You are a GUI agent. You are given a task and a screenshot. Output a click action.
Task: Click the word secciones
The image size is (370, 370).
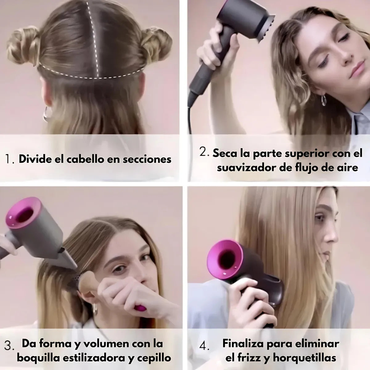coord(147,159)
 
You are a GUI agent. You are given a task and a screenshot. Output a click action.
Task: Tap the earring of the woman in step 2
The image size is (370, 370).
coord(324,100)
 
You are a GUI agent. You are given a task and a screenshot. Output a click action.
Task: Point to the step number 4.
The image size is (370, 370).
coord(204,346)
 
